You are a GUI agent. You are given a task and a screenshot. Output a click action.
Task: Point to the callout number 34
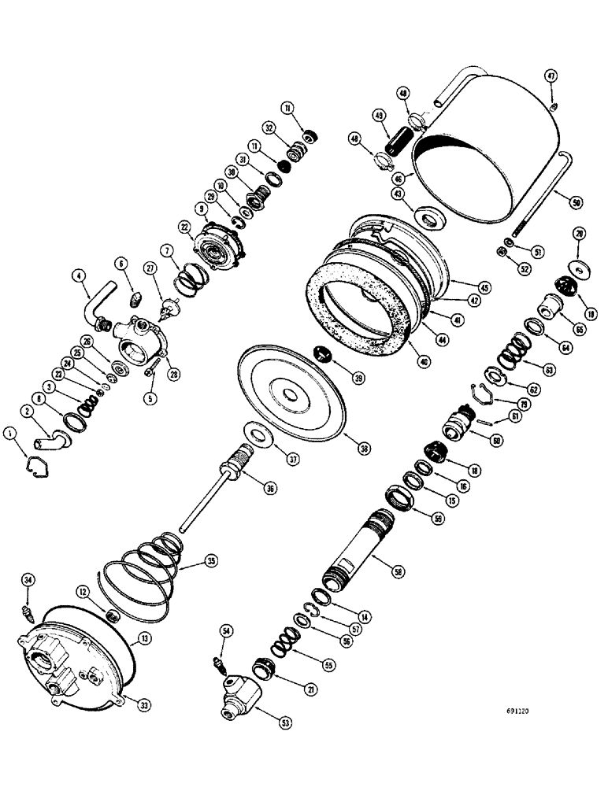28,581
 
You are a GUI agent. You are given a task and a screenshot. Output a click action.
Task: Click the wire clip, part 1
36,466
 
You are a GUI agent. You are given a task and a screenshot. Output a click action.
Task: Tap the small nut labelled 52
501,251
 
